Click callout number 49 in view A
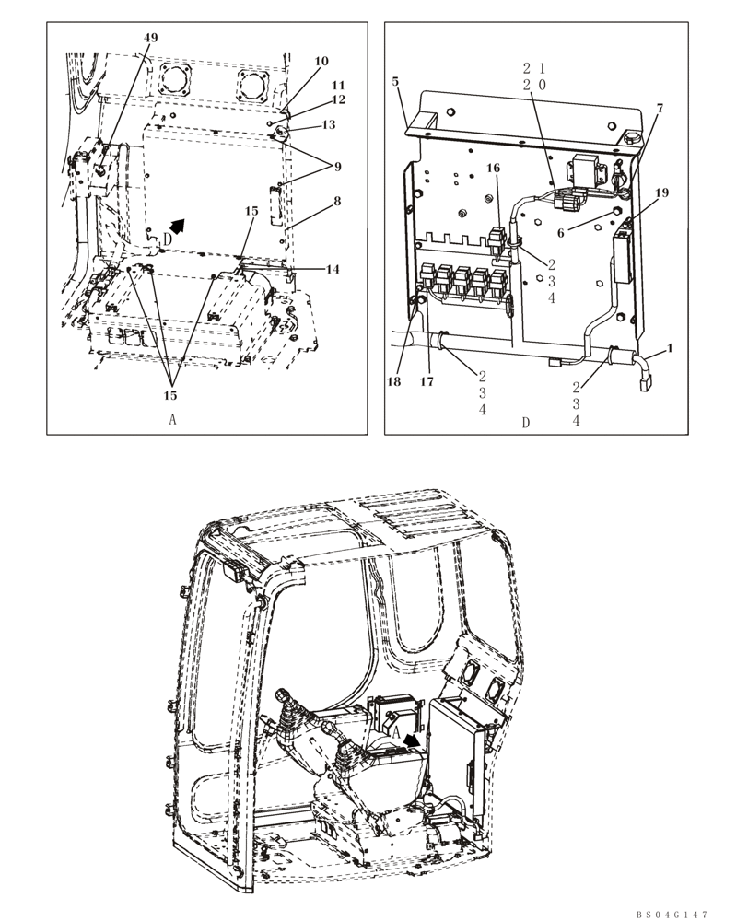pyautogui.click(x=151, y=37)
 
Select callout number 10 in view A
pyautogui.click(x=321, y=62)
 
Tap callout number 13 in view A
pyautogui.click(x=326, y=124)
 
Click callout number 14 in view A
pyautogui.click(x=331, y=269)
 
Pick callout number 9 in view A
pyautogui.click(x=337, y=167)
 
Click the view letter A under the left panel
pyautogui.click(x=172, y=419)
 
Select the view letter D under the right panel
pyautogui.click(x=526, y=423)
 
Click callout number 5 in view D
pyautogui.click(x=395, y=81)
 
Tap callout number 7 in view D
pyautogui.click(x=659, y=109)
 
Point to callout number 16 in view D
pyautogui.click(x=494, y=169)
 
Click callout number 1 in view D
pyautogui.click(x=669, y=348)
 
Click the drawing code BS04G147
pyautogui.click(x=671, y=914)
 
